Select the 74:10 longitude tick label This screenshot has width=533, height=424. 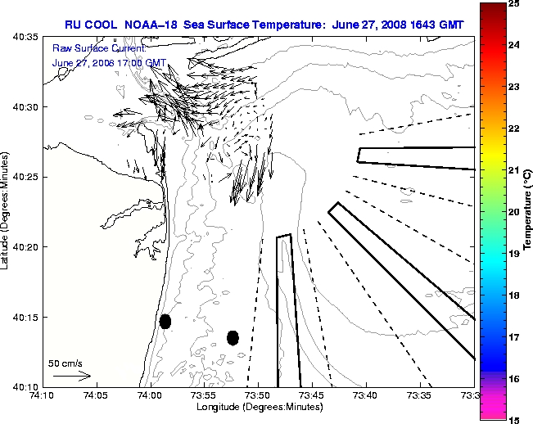42,395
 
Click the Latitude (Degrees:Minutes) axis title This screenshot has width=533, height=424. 7,211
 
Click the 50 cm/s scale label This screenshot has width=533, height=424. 65,363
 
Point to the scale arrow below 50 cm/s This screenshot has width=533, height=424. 72,376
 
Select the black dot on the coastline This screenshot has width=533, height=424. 165,321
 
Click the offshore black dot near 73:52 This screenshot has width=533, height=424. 233,337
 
